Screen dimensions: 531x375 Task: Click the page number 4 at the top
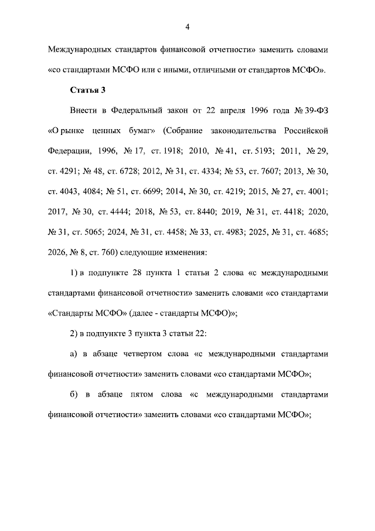187,26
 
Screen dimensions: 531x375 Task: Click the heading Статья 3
87,90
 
